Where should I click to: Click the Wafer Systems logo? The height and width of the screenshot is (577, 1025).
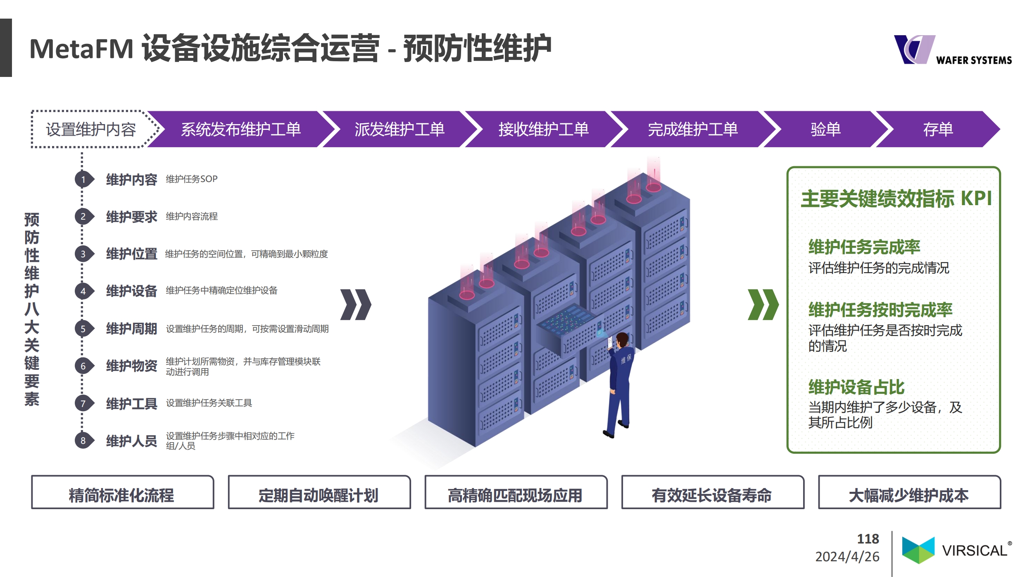click(x=952, y=50)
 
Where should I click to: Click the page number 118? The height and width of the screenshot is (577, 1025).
click(x=868, y=539)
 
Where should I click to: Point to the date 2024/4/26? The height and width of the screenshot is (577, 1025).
click(x=847, y=557)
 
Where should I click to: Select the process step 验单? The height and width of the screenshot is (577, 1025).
click(x=825, y=129)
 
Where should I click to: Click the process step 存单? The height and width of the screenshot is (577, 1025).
click(x=938, y=129)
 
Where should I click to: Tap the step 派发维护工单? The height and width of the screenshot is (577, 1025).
click(x=400, y=129)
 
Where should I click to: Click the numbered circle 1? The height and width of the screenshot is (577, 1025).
click(x=83, y=180)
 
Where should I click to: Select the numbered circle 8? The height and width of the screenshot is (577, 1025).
click(x=83, y=441)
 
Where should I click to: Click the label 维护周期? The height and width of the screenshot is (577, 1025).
click(x=131, y=329)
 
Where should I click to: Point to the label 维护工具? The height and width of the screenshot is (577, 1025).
click(x=131, y=403)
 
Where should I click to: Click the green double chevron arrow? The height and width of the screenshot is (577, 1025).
click(x=763, y=305)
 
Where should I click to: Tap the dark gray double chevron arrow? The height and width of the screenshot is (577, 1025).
click(x=356, y=305)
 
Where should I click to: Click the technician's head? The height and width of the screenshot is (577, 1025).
click(x=622, y=340)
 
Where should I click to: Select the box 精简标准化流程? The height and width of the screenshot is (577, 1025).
click(x=123, y=492)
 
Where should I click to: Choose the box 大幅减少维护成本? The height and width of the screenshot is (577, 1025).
click(x=909, y=492)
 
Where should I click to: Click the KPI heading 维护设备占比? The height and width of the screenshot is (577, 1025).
click(x=856, y=388)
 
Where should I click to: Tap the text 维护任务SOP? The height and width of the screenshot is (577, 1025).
click(x=191, y=179)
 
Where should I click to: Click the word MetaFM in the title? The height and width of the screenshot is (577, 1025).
click(x=81, y=49)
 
